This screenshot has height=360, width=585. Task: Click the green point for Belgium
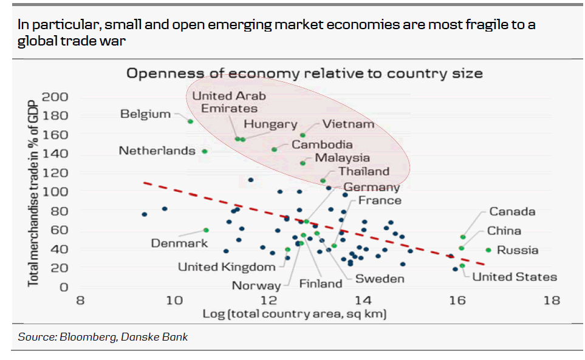tap(190, 121)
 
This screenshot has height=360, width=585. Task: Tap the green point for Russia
tap(488, 250)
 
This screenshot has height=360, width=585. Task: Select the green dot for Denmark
tap(206, 230)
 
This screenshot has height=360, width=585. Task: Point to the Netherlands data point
tap(205, 151)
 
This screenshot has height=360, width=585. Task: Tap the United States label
tap(514, 277)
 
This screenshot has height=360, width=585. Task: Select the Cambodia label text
tap(322, 144)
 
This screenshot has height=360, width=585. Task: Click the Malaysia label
tap(342, 158)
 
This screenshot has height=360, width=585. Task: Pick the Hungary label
tap(270, 124)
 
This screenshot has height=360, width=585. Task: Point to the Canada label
tap(512, 211)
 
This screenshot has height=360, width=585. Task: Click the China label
tap(504, 231)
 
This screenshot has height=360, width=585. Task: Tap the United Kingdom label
tap(227, 267)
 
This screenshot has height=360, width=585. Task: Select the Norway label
tap(256, 285)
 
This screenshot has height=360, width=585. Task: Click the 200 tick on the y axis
tap(55, 97)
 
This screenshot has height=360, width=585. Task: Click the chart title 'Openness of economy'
tap(304, 73)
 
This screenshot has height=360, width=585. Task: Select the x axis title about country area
tap(295, 314)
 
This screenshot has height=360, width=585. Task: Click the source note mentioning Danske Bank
tap(103, 337)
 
